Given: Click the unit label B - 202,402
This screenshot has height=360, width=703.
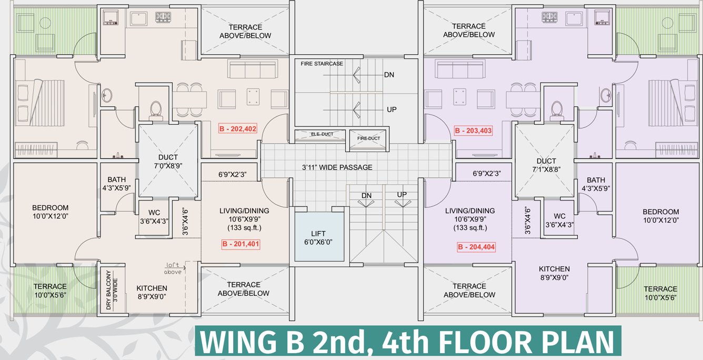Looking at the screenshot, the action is pos(237,128).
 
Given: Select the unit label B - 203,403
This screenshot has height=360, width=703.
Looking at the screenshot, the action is pos(473,131).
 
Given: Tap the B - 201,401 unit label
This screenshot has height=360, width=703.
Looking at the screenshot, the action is pos(240,244).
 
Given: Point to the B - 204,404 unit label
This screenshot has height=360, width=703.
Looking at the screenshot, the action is pos(476,247).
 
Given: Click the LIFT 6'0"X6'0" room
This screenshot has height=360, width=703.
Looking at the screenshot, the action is pos(318,237).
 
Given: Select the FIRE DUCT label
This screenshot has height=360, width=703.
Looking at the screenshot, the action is pos(368,138).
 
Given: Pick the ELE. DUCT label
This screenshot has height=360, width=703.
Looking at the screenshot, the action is pos(322,134).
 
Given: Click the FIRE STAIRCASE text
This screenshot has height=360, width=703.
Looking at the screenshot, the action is pos(322,64).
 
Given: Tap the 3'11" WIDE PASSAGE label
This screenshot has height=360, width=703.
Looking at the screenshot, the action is pos(337,167).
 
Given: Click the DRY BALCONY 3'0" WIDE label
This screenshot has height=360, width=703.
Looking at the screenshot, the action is pos(112,290).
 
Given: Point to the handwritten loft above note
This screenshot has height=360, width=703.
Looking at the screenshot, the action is pos(173,268).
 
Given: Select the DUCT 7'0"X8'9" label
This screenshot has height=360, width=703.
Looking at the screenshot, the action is pos(168,162).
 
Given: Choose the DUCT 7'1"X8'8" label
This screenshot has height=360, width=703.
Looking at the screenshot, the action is pos(546,165).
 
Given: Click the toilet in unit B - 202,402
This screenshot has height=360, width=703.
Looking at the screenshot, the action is pos(156,111).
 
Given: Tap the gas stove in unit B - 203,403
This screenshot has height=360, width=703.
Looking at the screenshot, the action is pos(549,17).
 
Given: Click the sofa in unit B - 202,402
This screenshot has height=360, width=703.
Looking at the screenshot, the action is pos(253,69).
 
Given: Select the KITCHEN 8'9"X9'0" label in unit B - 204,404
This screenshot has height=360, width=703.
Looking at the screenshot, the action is pos(554,273).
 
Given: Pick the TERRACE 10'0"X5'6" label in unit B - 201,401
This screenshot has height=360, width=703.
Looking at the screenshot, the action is pos(50,291).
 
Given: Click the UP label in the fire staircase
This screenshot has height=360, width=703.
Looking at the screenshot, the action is pos(391,109).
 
